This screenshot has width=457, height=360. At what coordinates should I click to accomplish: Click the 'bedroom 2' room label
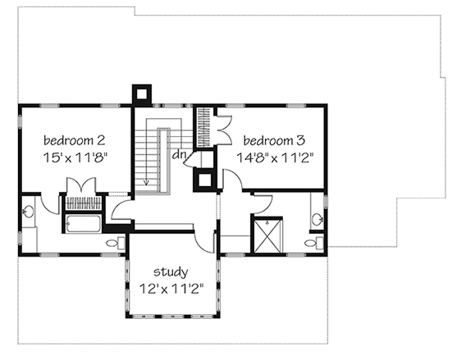(74, 140)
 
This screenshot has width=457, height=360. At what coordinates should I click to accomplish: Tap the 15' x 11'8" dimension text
(75, 158)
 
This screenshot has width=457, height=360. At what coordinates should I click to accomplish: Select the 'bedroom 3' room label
(274, 141)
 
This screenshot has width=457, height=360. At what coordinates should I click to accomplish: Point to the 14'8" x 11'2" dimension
(275, 158)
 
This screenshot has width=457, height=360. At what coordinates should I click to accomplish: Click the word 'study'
(171, 272)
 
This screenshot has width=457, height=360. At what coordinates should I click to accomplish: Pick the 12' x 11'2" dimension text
(171, 289)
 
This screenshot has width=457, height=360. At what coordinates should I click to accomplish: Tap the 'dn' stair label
(179, 155)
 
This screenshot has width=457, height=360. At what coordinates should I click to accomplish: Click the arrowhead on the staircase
(146, 183)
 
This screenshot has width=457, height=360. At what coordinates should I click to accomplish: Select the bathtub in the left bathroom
(83, 224)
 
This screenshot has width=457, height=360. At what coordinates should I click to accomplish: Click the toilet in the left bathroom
(116, 243)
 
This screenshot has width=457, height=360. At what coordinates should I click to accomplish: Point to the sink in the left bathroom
(28, 212)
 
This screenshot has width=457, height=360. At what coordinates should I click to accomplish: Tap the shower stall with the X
(267, 236)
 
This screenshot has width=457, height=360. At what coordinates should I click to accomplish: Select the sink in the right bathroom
(318, 218)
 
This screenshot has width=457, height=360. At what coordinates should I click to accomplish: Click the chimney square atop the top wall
(142, 94)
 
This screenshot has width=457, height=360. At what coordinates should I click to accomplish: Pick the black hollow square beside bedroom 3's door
(204, 180)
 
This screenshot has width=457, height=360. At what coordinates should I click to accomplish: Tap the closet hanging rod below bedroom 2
(83, 203)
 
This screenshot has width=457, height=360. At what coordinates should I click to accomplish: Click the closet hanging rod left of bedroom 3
(203, 127)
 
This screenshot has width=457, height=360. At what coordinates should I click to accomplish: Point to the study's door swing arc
(203, 244)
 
